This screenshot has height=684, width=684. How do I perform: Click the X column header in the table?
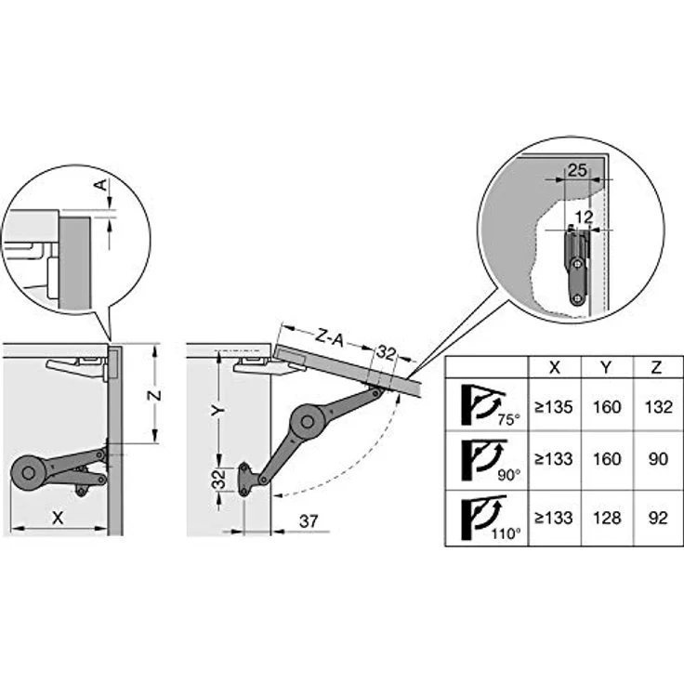click(x=555, y=367)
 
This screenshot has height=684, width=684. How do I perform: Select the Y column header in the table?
click(x=606, y=367)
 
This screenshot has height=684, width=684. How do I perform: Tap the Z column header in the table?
click(x=656, y=367)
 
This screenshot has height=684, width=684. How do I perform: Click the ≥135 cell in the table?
click(x=554, y=407)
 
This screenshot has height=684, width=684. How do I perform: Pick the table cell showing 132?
click(x=659, y=407)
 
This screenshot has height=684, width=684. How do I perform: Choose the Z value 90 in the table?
click(x=658, y=459)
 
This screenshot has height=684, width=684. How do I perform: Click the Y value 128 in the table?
click(x=607, y=518)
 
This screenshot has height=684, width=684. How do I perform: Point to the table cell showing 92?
click(x=658, y=518)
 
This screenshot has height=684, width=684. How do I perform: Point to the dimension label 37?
click(x=309, y=521)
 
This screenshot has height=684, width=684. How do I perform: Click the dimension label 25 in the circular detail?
click(x=577, y=170)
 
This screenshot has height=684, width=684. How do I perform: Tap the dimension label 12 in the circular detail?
click(x=585, y=217)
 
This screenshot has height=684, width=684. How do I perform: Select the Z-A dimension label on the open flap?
click(x=329, y=337)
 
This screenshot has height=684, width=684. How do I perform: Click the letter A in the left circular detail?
click(x=100, y=185)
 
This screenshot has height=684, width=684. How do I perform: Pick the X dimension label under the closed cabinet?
click(x=58, y=518)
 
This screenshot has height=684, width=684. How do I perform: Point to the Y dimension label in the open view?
click(x=218, y=410)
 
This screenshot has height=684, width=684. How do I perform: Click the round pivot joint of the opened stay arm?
click(x=307, y=421)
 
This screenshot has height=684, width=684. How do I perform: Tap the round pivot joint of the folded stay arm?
click(x=29, y=473)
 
